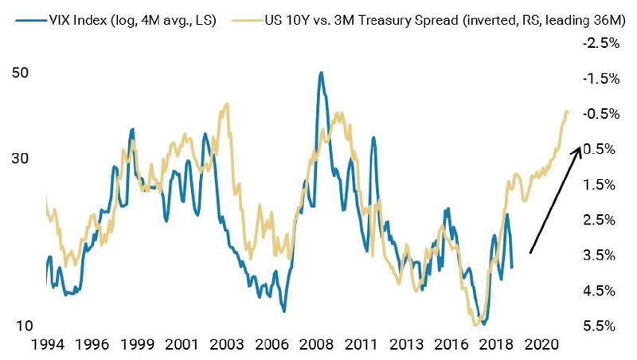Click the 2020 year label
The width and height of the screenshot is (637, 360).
(541, 347)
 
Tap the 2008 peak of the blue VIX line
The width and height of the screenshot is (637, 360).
(321, 73)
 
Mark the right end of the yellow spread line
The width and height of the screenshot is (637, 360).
(567, 112)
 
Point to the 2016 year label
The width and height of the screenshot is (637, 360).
(453, 347)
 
